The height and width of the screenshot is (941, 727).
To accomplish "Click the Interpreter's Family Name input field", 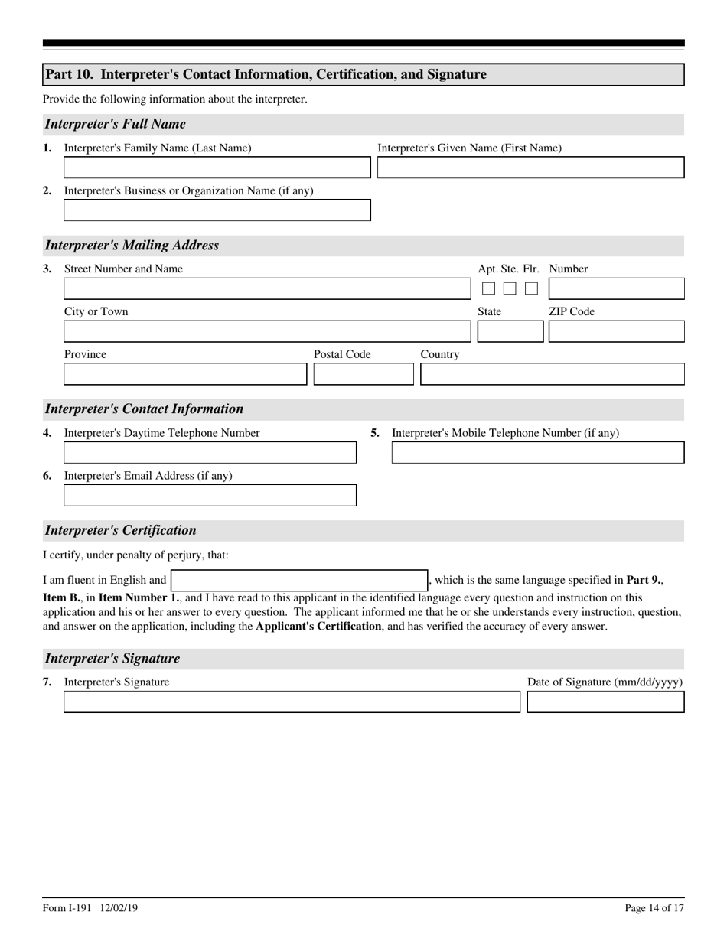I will pyautogui.click(x=217, y=168).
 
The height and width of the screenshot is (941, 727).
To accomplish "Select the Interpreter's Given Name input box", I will pyautogui.click(x=530, y=168).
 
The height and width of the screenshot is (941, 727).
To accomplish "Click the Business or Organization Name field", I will pyautogui.click(x=217, y=210).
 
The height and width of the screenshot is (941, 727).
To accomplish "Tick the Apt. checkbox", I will pyautogui.click(x=488, y=288).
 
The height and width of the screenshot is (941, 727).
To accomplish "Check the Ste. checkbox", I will pyautogui.click(x=510, y=288).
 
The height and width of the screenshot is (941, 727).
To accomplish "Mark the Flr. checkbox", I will pyautogui.click(x=531, y=288).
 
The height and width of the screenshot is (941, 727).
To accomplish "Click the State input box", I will pyautogui.click(x=510, y=331).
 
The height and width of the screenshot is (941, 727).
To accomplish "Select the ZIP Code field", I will pyautogui.click(x=616, y=331).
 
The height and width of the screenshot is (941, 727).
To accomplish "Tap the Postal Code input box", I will pyautogui.click(x=363, y=374).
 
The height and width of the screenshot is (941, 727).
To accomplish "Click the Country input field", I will pyautogui.click(x=552, y=374).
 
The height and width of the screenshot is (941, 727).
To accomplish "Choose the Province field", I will pyautogui.click(x=184, y=374).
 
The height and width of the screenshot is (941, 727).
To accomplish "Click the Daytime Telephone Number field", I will pyautogui.click(x=210, y=453).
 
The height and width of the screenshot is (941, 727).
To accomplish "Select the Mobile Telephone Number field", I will pyautogui.click(x=537, y=453).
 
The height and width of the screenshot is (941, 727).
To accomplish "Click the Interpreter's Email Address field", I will pyautogui.click(x=210, y=496).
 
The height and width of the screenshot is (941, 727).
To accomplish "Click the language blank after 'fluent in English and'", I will pyautogui.click(x=298, y=581).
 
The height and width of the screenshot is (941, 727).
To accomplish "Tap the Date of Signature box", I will pyautogui.click(x=605, y=702).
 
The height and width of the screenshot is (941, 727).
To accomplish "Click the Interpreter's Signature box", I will pyautogui.click(x=291, y=702).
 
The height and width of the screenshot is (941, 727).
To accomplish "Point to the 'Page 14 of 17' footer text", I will pyautogui.click(x=654, y=908).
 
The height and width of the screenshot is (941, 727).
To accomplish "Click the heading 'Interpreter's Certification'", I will pyautogui.click(x=120, y=530).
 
